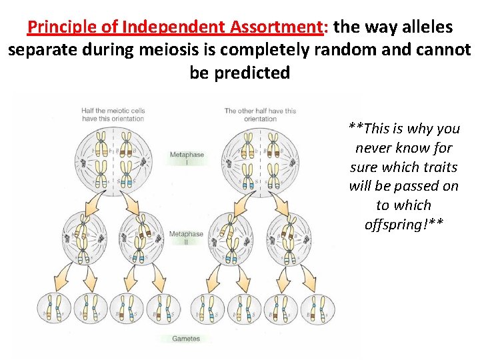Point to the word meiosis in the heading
point(175,50)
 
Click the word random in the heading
point(350,50)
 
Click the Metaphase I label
point(187,159)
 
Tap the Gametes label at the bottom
point(186,339)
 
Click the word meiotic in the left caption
point(116,111)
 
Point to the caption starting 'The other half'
point(260,115)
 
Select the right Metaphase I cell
point(260,159)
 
